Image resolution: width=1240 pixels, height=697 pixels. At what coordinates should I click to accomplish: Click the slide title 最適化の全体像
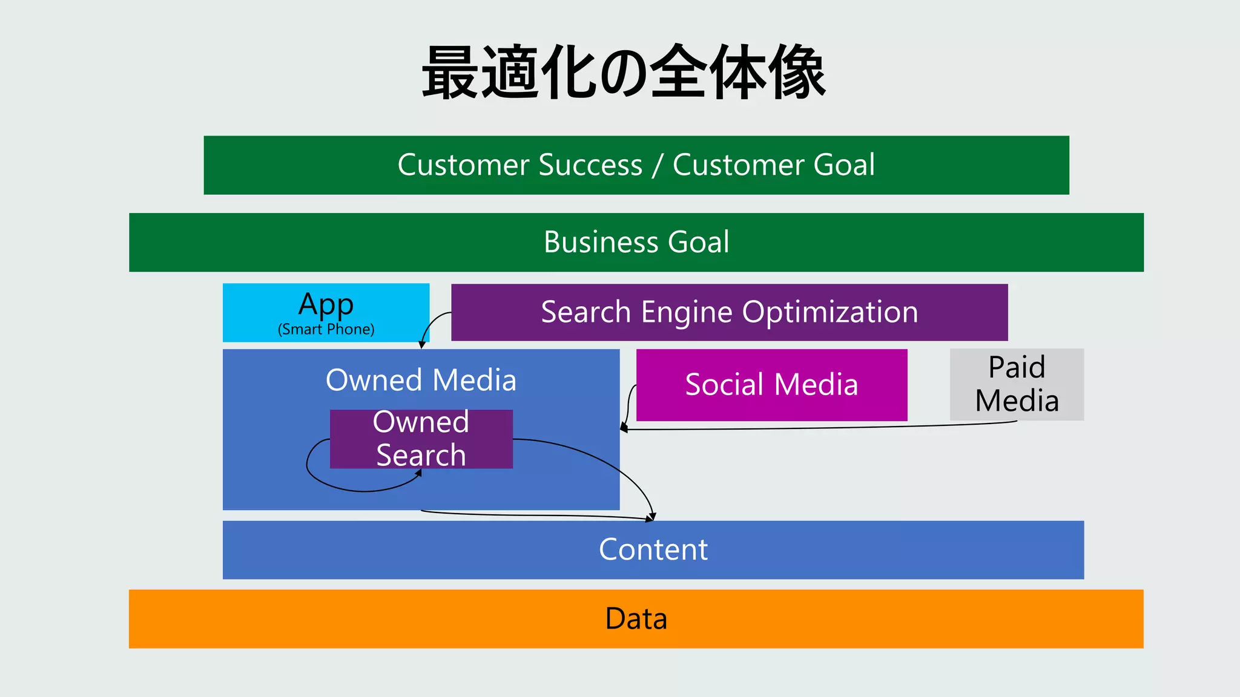point(624,73)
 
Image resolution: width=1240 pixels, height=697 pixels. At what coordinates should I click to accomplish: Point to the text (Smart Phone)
point(326,329)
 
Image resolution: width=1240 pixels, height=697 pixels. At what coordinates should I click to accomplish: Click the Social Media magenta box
point(771,385)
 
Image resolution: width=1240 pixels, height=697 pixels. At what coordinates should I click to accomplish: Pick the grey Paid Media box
point(1017,384)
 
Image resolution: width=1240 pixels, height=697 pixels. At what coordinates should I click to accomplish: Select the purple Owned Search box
point(421,439)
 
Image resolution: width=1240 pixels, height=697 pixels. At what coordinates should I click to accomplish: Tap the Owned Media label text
point(421,380)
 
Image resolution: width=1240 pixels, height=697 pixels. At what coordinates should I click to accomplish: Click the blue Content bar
point(653,549)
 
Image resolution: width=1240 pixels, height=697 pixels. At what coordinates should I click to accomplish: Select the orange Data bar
point(636,618)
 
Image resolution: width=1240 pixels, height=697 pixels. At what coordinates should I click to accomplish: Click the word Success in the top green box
point(590,165)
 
